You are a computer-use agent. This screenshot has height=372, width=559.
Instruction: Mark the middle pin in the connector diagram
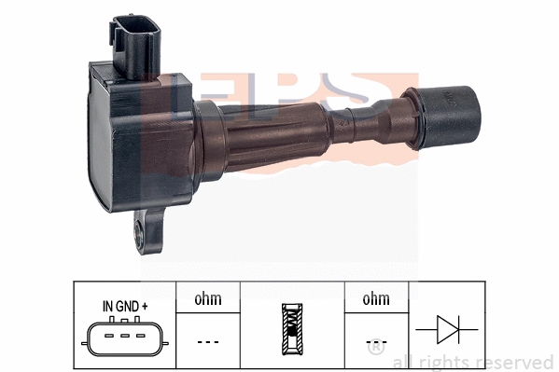tap(120, 334)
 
